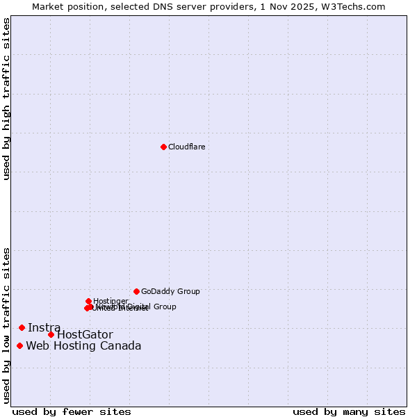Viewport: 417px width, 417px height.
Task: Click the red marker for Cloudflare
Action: [163, 147]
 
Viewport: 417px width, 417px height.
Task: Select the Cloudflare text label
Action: [186, 147]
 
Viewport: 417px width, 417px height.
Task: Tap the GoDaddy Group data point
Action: [136, 291]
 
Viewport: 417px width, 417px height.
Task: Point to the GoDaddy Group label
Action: [170, 291]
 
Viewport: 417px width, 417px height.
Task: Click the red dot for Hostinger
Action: [88, 301]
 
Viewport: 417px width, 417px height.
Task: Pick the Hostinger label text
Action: [111, 301]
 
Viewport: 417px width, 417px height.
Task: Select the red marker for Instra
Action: [22, 327]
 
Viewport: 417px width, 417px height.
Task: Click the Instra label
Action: [44, 327]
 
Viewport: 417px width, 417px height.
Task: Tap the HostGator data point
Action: [51, 334]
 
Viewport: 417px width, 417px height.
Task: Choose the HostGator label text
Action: [85, 335]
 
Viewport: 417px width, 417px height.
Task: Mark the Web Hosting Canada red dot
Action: [19, 345]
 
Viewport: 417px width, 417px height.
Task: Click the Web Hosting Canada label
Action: [83, 346]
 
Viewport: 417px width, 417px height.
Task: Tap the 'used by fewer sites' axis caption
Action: [72, 411]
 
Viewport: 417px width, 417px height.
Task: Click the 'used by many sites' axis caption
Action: [349, 411]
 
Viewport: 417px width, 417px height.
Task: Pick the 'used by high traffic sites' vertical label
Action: [6, 99]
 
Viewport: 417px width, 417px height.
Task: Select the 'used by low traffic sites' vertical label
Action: [6, 325]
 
